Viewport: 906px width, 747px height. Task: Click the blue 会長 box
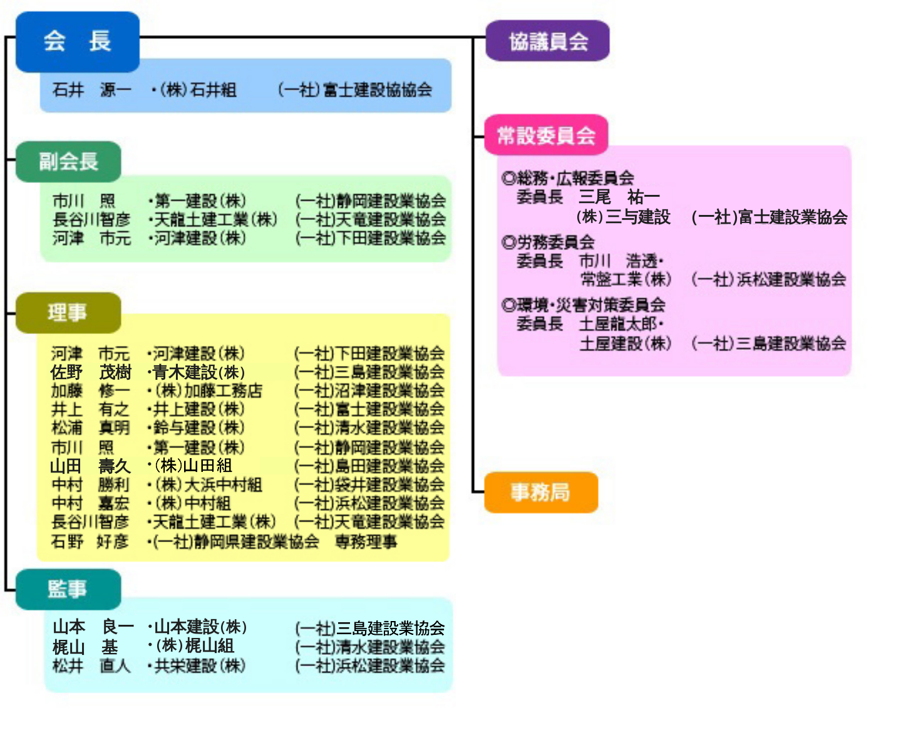pos(77,41)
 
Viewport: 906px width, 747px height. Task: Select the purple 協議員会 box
pos(547,41)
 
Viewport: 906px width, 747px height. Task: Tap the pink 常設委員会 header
pos(545,135)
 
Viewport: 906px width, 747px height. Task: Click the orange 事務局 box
pos(540,493)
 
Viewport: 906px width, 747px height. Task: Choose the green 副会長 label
pos(68,162)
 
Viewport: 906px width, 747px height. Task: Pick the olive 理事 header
pos(68,312)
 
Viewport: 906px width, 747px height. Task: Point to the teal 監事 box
pos(68,589)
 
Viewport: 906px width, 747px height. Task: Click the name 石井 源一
pos(91,90)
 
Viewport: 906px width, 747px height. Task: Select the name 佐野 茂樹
pos(91,372)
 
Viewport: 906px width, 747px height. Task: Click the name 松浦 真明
pos(91,428)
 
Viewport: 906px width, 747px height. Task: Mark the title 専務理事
pos(366,542)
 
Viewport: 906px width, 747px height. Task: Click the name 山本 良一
pos(93,627)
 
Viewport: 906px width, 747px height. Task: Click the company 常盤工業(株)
pos(625,279)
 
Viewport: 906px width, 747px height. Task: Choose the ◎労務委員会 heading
pos(548,242)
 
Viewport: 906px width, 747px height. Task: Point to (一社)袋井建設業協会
pos(369,485)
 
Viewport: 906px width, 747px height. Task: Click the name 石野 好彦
pos(90,542)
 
